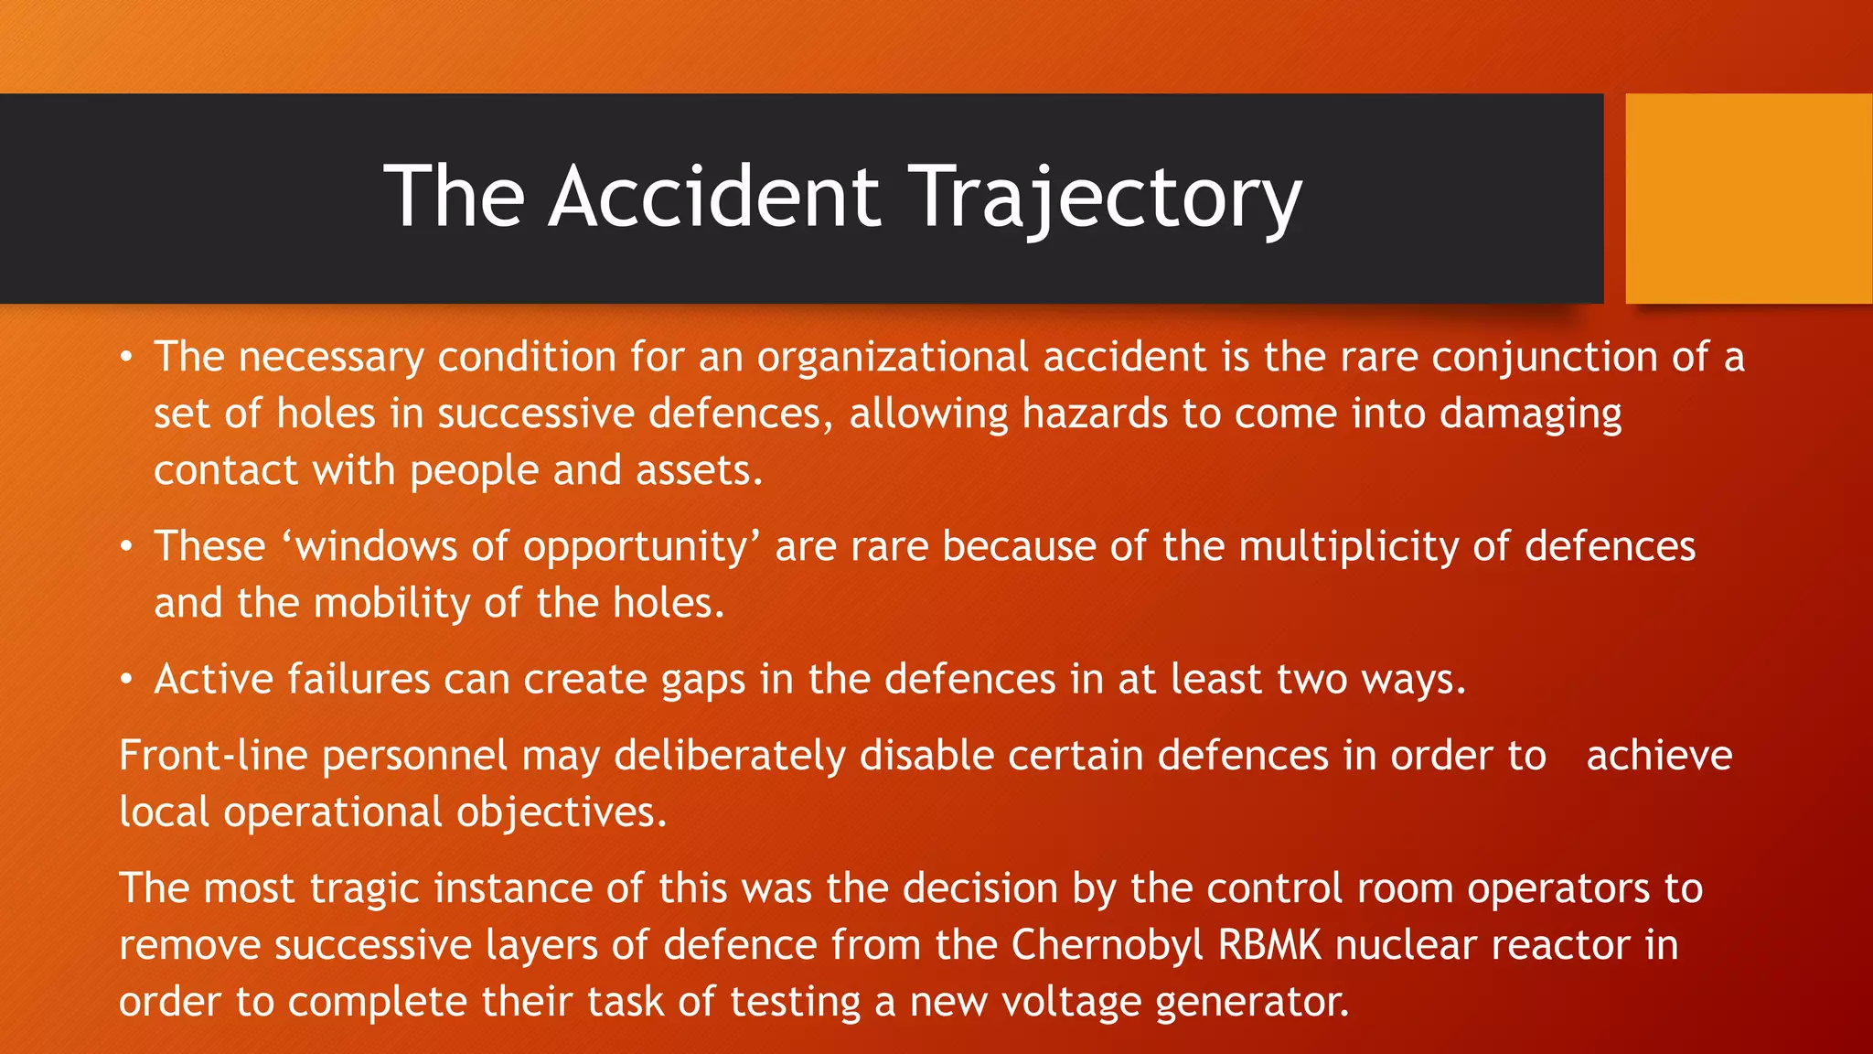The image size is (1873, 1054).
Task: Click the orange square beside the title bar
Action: click(x=1749, y=199)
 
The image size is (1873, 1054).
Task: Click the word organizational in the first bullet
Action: click(x=893, y=357)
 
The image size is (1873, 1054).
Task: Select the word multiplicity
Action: click(x=1348, y=546)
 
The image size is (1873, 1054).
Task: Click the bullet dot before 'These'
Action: click(x=127, y=547)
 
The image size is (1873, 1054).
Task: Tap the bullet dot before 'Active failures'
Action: click(x=127, y=680)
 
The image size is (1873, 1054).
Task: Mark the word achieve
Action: click(x=1658, y=756)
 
